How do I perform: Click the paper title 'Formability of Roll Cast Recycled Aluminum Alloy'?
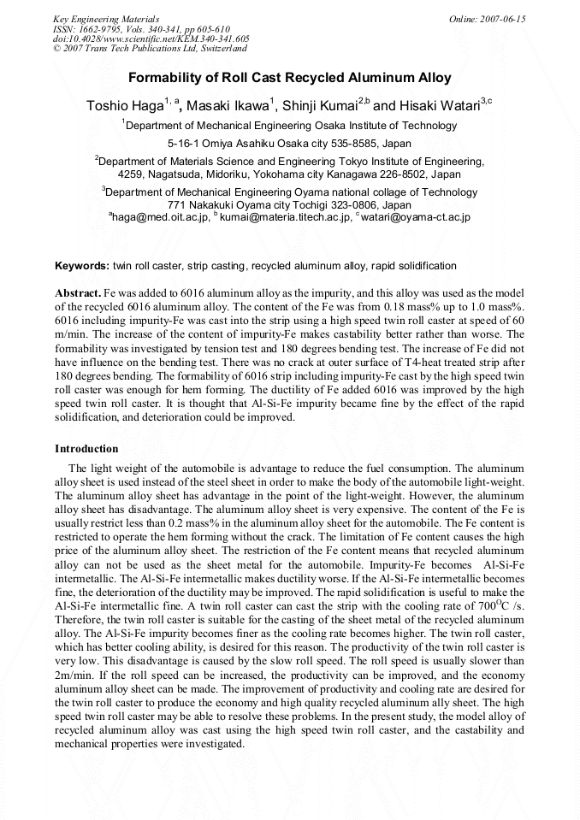pyautogui.click(x=289, y=78)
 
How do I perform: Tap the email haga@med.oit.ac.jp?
pyautogui.click(x=161, y=218)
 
